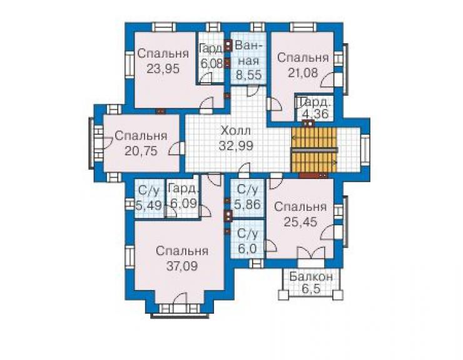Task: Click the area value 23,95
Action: pyautogui.click(x=163, y=69)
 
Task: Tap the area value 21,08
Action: pyautogui.click(x=303, y=73)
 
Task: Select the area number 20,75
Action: pyautogui.click(x=141, y=151)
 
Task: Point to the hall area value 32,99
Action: pyautogui.click(x=236, y=145)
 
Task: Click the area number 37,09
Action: pyautogui.click(x=182, y=266)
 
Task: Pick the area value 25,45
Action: pyautogui.click(x=300, y=222)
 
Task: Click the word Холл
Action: pyautogui.click(x=236, y=131)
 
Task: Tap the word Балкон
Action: pyautogui.click(x=311, y=277)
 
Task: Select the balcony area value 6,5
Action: pyautogui.click(x=311, y=289)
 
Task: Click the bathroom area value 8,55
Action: pyautogui.click(x=248, y=75)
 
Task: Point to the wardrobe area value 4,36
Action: pyautogui.click(x=316, y=113)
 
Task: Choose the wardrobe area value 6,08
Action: pyautogui.click(x=211, y=63)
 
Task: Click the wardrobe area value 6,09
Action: pyautogui.click(x=184, y=203)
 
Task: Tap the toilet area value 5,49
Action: pyautogui.click(x=149, y=204)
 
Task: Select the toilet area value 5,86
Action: pyautogui.click(x=247, y=204)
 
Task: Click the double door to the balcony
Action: pyautogui.click(x=311, y=254)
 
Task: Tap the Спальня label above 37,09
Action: pyautogui.click(x=182, y=251)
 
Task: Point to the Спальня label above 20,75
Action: pyautogui.click(x=141, y=136)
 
